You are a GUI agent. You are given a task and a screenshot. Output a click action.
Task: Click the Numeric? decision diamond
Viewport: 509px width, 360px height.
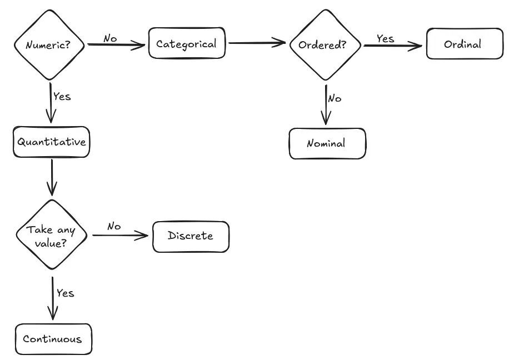(49, 44)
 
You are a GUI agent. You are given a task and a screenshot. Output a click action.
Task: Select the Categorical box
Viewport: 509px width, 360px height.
(187, 43)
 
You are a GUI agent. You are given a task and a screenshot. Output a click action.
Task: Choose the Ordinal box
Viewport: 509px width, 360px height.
(465, 44)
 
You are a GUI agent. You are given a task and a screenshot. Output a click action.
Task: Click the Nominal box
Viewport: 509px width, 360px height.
(327, 143)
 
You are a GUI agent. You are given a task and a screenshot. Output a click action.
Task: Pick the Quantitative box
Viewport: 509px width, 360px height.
(51, 142)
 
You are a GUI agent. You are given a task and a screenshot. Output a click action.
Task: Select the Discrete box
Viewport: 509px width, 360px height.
(191, 236)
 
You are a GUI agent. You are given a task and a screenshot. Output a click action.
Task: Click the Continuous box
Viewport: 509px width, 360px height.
(52, 339)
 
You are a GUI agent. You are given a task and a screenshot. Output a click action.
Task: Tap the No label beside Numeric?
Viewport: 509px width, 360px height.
(110, 38)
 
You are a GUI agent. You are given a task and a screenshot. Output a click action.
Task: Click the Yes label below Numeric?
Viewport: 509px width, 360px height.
(62, 96)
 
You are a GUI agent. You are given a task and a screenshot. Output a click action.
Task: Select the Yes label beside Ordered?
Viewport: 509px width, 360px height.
(385, 38)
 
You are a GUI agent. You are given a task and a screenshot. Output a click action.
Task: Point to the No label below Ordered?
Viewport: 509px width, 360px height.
(334, 98)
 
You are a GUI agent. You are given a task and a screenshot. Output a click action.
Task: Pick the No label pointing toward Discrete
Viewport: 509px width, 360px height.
(114, 226)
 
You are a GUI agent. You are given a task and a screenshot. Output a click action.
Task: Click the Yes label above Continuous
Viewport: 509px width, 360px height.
(65, 293)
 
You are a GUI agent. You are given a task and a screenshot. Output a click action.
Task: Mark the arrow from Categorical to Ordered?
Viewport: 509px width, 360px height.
(257, 42)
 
